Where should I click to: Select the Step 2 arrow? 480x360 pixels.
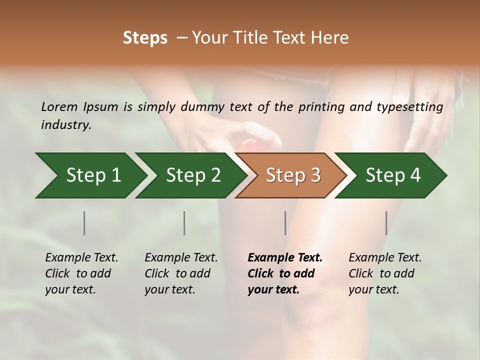tap(193, 175)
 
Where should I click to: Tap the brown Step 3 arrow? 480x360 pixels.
tap(293, 175)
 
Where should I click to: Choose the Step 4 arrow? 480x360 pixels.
tap(393, 175)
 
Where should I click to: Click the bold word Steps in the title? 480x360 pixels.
tap(145, 38)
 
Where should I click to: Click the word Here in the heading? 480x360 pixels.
tap(329, 38)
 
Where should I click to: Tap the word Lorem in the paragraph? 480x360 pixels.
tap(59, 106)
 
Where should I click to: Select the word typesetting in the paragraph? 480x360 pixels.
tap(413, 106)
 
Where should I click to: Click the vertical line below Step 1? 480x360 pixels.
tap(84, 223)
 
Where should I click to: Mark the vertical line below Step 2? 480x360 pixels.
tap(184, 223)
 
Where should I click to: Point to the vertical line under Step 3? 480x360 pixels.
tap(285, 223)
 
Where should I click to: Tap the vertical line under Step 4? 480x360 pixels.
tap(386, 223)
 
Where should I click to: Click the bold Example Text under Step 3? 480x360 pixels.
tap(285, 257)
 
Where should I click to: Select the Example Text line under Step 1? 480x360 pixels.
tap(81, 257)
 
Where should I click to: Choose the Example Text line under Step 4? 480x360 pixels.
tap(385, 257)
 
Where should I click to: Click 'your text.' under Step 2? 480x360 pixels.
tap(169, 289)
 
